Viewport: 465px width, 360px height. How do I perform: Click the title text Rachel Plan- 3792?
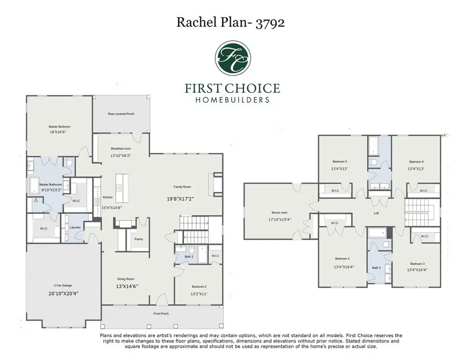click(x=233, y=22)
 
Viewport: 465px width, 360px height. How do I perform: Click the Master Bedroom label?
click(x=59, y=127)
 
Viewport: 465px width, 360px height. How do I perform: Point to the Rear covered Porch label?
click(x=121, y=114)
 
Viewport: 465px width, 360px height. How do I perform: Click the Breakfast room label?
click(x=121, y=148)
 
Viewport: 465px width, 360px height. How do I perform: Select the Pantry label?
click(x=139, y=239)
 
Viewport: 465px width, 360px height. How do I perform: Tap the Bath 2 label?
click(x=189, y=256)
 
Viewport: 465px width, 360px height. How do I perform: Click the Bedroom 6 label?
click(x=416, y=161)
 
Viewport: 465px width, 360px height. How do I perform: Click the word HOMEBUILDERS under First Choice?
click(x=233, y=99)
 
